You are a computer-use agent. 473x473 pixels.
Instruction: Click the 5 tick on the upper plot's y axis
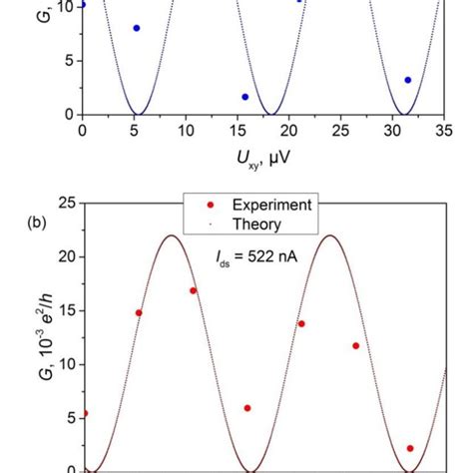coord(67,61)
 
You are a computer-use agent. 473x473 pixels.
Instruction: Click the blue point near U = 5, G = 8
coord(137,28)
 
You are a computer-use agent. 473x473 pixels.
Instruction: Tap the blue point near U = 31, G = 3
coord(407,80)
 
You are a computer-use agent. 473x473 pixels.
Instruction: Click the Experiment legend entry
coord(269,205)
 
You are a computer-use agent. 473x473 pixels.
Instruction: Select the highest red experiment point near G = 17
coord(194,290)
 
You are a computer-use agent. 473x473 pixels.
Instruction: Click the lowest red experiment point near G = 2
coord(410,448)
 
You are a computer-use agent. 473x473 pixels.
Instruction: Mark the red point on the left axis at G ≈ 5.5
coord(84,413)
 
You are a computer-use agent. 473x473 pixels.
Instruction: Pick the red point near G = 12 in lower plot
coord(356,345)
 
